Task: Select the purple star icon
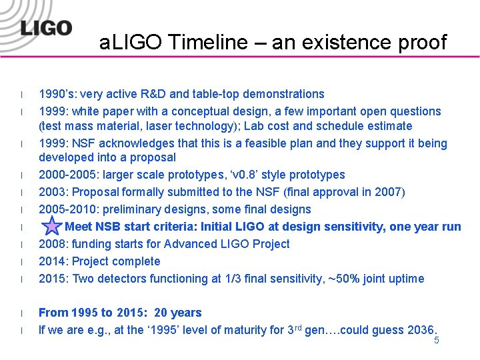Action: tap(51, 227)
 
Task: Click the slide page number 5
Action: tap(437, 341)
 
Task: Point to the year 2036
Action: tap(419, 330)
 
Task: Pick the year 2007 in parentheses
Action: tap(388, 192)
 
